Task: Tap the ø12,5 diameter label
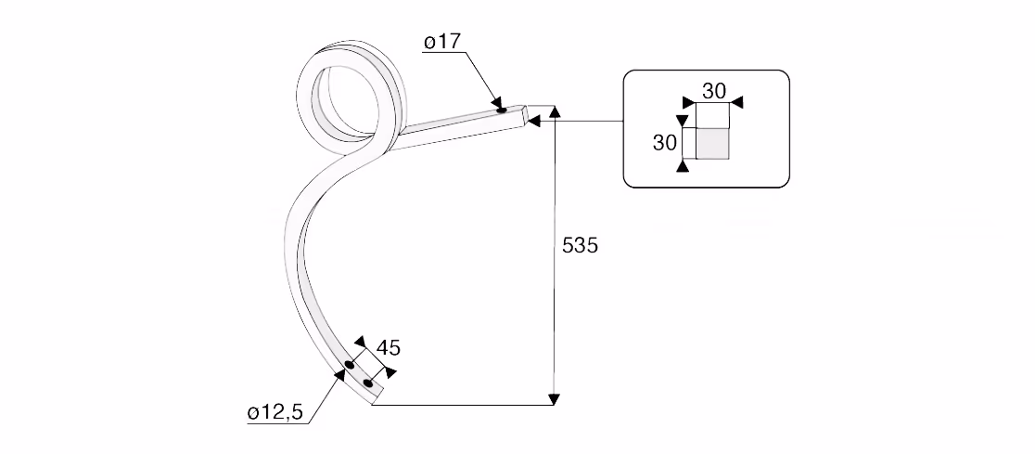[275, 414]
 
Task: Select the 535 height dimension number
[580, 246]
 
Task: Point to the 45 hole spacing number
[388, 347]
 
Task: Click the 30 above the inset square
[713, 91]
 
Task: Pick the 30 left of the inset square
[665, 142]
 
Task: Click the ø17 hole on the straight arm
[502, 109]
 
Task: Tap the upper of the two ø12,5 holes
[350, 365]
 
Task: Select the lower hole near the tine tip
[368, 383]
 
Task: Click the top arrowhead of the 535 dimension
[555, 110]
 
